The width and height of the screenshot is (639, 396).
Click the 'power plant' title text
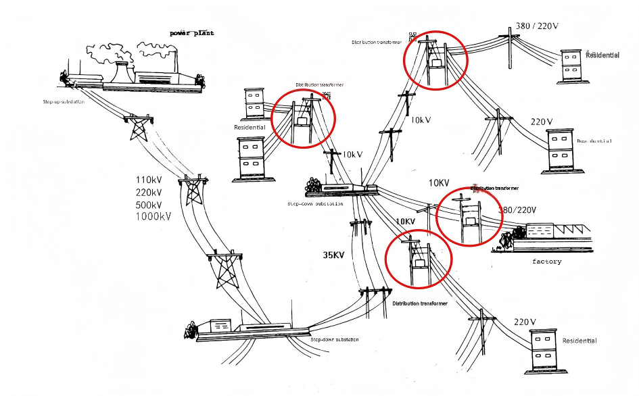click(191, 32)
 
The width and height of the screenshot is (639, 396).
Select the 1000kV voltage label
click(153, 216)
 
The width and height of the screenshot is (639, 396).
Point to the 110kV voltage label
click(149, 180)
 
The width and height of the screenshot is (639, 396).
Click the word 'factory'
click(546, 261)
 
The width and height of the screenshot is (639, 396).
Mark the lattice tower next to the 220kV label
click(193, 191)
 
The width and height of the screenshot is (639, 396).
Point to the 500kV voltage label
click(149, 204)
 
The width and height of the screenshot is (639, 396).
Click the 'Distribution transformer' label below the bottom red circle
click(419, 303)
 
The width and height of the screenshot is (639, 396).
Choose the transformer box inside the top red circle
click(435, 63)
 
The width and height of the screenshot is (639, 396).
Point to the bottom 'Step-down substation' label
click(334, 339)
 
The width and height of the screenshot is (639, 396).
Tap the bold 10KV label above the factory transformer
click(439, 183)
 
